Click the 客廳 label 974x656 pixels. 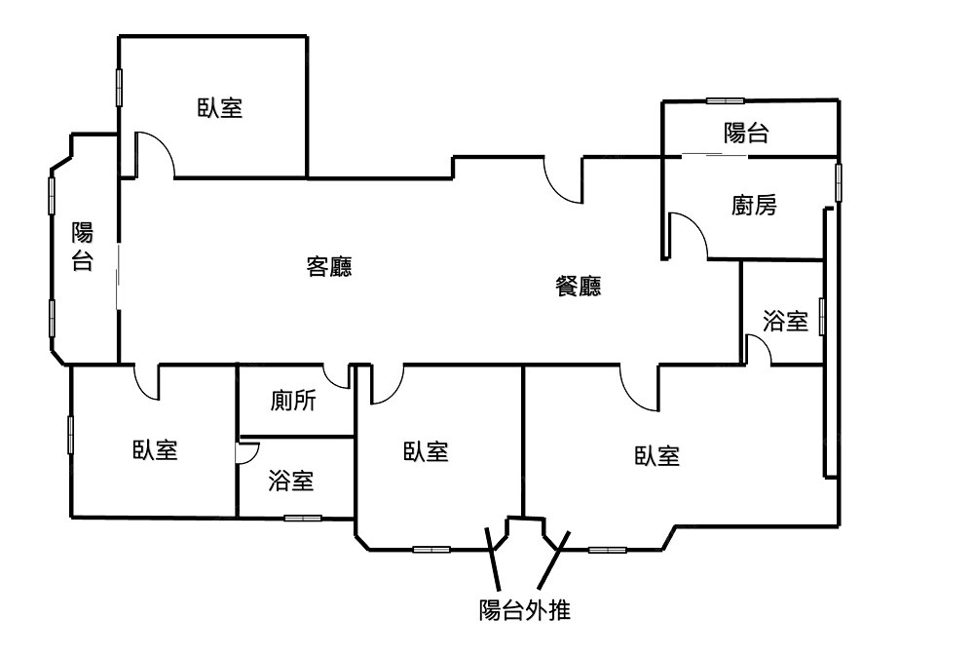(329, 267)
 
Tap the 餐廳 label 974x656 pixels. (578, 286)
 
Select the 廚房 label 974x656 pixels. (754, 206)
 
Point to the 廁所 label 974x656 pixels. (293, 401)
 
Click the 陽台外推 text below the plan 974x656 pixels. (524, 611)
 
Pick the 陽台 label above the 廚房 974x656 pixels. (746, 134)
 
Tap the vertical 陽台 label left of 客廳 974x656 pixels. (83, 247)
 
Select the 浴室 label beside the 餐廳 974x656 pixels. (785, 322)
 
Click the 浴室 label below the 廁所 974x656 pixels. (290, 481)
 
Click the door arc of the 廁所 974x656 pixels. (337, 376)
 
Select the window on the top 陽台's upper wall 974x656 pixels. (725, 99)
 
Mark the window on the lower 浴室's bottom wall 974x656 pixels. (302, 517)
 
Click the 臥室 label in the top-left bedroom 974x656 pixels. (220, 108)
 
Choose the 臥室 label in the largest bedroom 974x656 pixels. (656, 455)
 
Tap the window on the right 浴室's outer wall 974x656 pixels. (823, 318)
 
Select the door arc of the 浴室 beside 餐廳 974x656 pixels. (758, 349)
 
